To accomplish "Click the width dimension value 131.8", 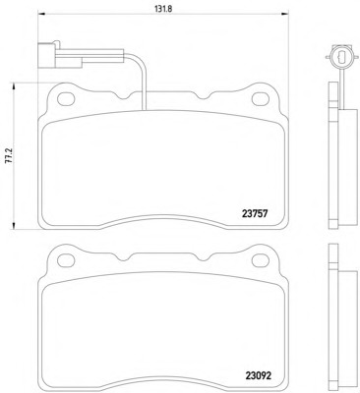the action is [x=163, y=9].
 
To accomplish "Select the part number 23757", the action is [x=255, y=214].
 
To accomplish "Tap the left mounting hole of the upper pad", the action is [x=66, y=99].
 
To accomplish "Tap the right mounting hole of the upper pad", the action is [x=261, y=99].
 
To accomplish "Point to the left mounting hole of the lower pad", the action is [x=66, y=260].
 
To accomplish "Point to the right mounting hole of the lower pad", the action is [x=261, y=260].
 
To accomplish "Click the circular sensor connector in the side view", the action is [x=339, y=57].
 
